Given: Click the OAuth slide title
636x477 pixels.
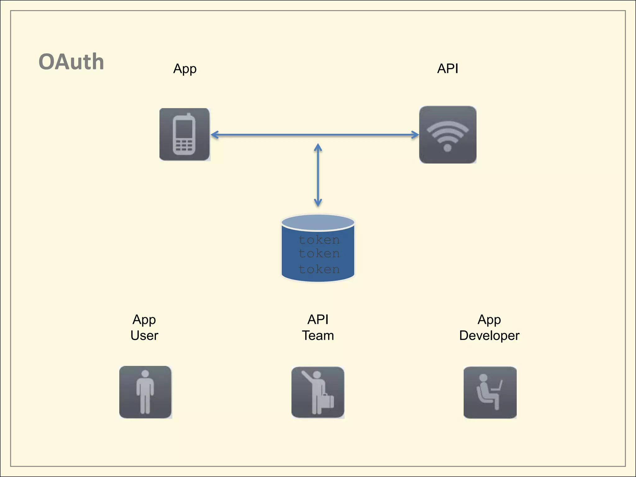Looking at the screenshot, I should pyautogui.click(x=71, y=62).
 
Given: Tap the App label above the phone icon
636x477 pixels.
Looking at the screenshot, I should pyautogui.click(x=185, y=69).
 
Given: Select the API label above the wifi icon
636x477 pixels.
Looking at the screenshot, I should pyautogui.click(x=447, y=69).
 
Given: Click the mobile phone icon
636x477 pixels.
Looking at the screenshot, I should pyautogui.click(x=184, y=134).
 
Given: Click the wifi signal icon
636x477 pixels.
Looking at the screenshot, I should pyautogui.click(x=447, y=135).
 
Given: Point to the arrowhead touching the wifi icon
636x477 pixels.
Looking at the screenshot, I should pyautogui.click(x=416, y=135).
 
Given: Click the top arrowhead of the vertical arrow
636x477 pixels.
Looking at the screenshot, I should pyautogui.click(x=318, y=147).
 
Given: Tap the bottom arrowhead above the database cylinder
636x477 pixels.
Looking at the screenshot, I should pyautogui.click(x=318, y=203).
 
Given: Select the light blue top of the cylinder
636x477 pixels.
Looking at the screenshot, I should pyautogui.click(x=318, y=223).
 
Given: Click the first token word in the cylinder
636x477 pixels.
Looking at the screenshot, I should pyautogui.click(x=319, y=240).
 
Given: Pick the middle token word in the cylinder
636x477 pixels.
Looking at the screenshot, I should pyautogui.click(x=319, y=254).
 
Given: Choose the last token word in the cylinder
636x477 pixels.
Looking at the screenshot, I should pyautogui.click(x=319, y=269).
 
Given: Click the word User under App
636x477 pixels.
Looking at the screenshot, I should pyautogui.click(x=144, y=336).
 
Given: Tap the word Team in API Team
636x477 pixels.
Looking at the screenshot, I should pyautogui.click(x=318, y=336).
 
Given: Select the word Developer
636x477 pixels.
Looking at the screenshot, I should pyautogui.click(x=489, y=336).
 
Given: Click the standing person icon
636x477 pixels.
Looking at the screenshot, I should pyautogui.click(x=145, y=392).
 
